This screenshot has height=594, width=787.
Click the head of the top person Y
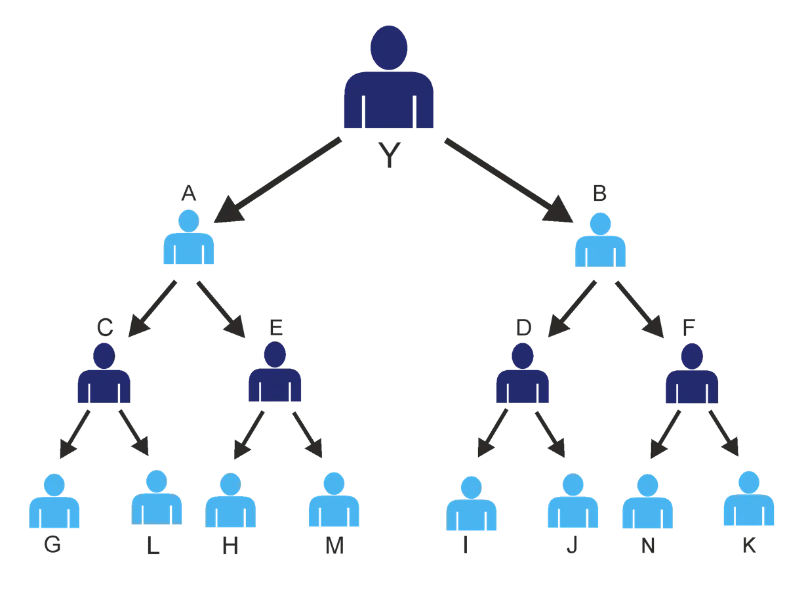coord(389,46)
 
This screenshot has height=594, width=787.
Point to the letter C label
coord(104,326)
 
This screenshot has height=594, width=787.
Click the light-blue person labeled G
coord(54,502)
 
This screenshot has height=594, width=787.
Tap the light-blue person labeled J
coord(573,502)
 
